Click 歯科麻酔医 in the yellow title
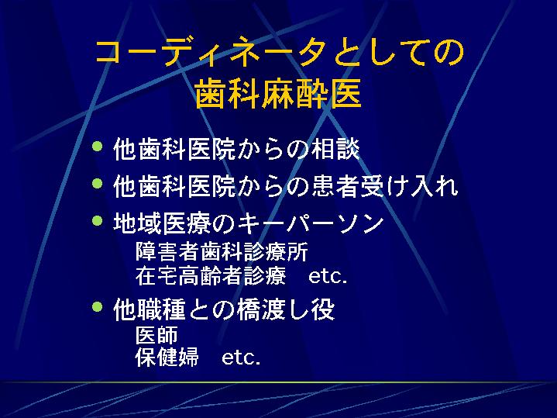(x=278, y=94)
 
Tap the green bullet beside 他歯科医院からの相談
(x=97, y=147)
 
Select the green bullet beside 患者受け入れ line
(x=97, y=183)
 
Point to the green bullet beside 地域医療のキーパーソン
(x=97, y=220)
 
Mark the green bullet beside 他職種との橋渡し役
(x=97, y=306)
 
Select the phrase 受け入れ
(x=409, y=185)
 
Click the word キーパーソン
(x=310, y=223)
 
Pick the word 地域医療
(x=162, y=223)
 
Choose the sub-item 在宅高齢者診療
(x=211, y=275)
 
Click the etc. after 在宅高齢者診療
(x=328, y=276)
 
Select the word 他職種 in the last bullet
(x=150, y=309)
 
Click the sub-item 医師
(x=156, y=335)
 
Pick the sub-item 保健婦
(x=167, y=357)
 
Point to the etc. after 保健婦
(x=241, y=358)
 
